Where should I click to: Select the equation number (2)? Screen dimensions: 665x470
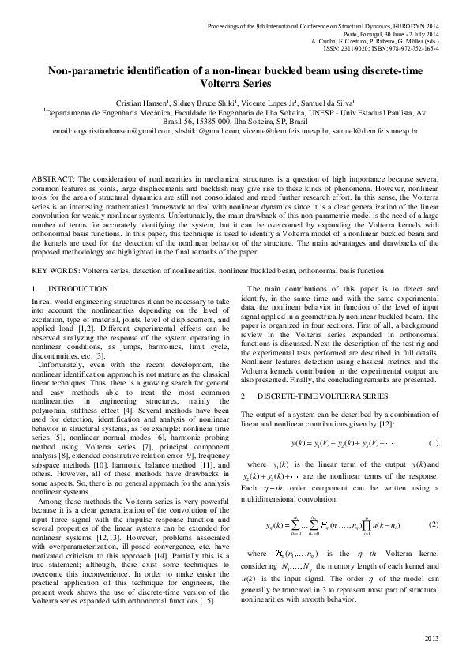432,524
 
